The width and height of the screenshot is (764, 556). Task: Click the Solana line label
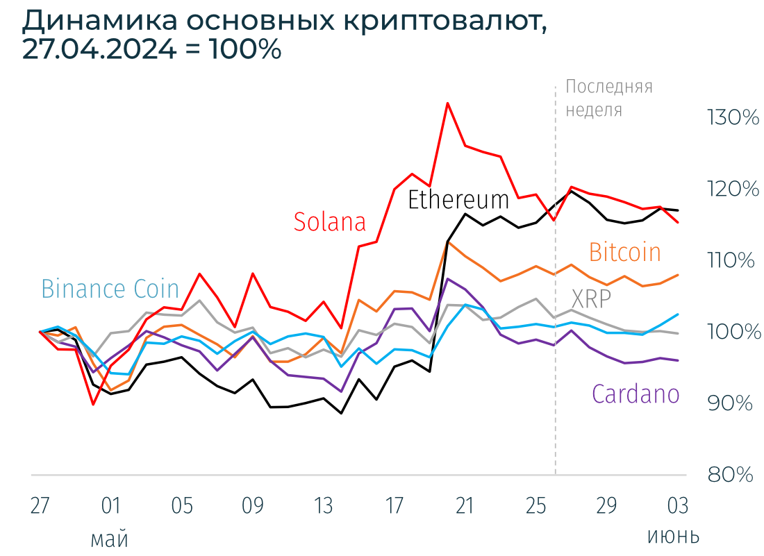(329, 221)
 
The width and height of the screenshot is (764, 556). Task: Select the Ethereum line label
(458, 200)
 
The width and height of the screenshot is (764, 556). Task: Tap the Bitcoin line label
(624, 252)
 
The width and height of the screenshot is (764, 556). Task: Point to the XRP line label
(592, 299)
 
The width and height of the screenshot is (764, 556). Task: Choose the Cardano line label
(635, 394)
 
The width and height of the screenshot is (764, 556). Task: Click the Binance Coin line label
(110, 289)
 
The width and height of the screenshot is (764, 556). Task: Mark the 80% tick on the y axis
(731, 475)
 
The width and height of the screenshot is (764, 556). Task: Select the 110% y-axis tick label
(731, 261)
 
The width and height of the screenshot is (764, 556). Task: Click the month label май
(110, 538)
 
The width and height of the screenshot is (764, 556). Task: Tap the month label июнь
(673, 537)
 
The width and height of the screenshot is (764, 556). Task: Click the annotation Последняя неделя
(608, 98)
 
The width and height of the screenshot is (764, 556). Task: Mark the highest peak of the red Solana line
(448, 103)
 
